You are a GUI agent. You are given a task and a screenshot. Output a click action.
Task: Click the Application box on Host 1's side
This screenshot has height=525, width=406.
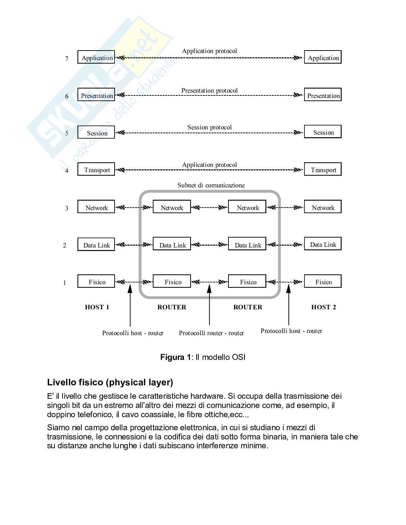tap(96, 58)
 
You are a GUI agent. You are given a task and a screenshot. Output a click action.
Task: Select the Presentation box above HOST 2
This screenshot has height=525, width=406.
tap(323, 95)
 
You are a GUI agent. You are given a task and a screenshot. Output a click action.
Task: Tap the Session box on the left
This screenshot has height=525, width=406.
tap(96, 132)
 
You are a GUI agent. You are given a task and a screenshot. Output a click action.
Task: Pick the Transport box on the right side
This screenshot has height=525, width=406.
tap(323, 169)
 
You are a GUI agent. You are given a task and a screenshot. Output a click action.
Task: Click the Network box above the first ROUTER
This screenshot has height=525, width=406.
tap(172, 207)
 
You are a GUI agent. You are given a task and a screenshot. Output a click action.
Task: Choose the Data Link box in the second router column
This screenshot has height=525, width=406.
tap(247, 244)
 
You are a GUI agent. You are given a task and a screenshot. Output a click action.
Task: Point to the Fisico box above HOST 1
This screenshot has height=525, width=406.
tap(96, 281)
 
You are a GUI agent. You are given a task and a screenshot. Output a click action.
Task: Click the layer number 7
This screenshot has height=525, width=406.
tap(66, 59)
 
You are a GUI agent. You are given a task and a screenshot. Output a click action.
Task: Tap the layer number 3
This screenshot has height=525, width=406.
tap(66, 208)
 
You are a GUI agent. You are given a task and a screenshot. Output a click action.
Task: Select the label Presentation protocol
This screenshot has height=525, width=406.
tap(209, 91)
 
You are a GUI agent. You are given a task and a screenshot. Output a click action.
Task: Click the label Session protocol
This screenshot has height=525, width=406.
tap(209, 127)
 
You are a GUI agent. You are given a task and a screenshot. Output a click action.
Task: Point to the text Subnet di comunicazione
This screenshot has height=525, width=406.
tap(211, 185)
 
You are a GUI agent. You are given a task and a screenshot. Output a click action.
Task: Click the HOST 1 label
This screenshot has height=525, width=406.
tap(97, 307)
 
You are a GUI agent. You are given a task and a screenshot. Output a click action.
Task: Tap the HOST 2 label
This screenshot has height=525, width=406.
tap(323, 307)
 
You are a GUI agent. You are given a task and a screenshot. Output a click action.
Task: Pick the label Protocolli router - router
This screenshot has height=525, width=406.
tap(211, 333)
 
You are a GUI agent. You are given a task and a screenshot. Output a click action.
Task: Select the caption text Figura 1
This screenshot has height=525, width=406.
tap(175, 357)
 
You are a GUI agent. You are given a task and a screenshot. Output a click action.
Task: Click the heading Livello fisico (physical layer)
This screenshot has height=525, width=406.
tap(110, 382)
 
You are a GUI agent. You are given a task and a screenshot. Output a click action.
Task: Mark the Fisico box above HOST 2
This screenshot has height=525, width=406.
tap(323, 281)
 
